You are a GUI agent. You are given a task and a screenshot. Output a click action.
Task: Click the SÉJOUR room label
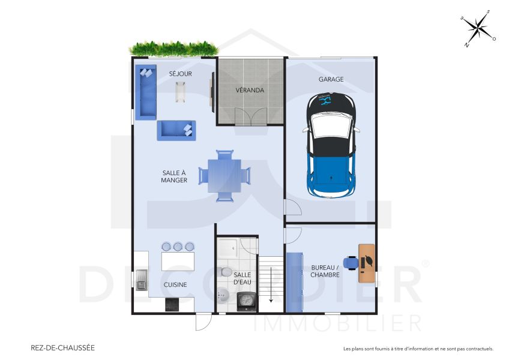pos(180,74)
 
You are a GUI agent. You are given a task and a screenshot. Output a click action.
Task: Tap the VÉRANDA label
pos(250,91)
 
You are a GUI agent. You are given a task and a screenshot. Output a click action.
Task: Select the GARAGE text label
pos(331,79)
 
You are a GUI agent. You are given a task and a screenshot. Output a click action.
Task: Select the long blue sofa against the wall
pos(145,92)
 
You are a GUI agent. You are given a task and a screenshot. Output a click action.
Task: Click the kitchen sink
pos(142,280)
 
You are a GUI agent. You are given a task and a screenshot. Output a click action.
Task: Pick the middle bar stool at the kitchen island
pos(178,246)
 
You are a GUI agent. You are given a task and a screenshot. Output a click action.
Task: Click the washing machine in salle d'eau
pos(246,301)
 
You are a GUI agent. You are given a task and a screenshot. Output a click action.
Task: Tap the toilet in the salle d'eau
pos(226,272)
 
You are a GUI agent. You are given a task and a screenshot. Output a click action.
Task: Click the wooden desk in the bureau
pos(366,263)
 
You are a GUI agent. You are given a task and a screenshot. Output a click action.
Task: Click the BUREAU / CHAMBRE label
pos(325,271)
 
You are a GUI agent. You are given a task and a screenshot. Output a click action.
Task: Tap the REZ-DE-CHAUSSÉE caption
pos(62,347)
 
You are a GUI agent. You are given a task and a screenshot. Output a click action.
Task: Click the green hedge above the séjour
pos(173,48)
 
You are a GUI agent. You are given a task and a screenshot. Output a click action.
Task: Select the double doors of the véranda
pos(250,116)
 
